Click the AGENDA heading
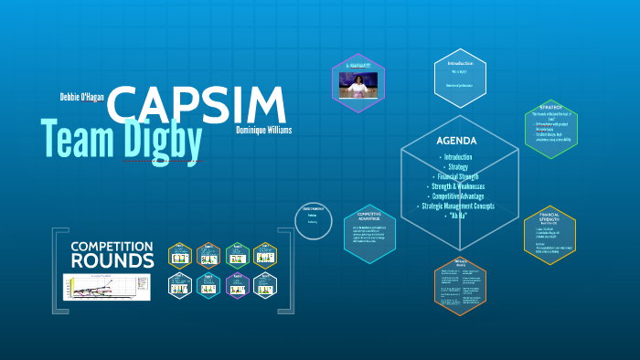[x=457, y=142]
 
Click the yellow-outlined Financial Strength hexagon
[x=549, y=241]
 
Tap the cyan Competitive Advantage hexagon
[x=368, y=234]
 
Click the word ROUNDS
[x=114, y=261]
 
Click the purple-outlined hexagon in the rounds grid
[x=237, y=285]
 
